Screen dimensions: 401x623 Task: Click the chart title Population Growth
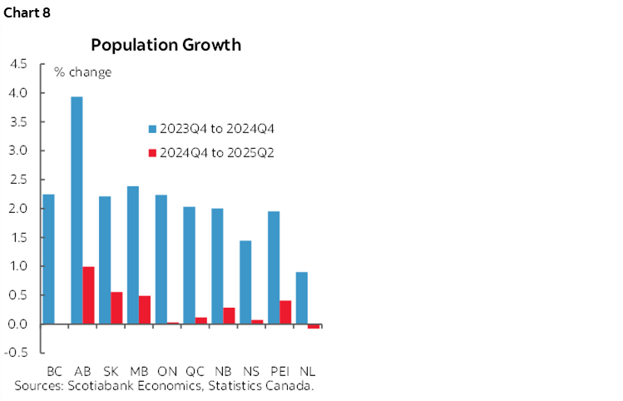tap(166, 45)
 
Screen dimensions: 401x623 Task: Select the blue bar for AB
tap(77, 210)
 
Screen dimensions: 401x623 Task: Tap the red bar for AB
tap(88, 295)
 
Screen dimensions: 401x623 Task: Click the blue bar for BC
tap(48, 259)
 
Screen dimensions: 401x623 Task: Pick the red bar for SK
tap(116, 308)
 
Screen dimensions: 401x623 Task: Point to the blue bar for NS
tap(245, 282)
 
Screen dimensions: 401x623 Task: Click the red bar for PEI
tap(285, 312)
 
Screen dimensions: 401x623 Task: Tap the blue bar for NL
tap(302, 298)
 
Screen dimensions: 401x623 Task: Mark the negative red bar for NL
tap(314, 326)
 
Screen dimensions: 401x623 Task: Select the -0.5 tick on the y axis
tap(16, 353)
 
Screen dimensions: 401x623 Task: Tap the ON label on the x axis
tap(167, 370)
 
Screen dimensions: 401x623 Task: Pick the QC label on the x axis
tap(195, 370)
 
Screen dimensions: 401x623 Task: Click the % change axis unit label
tap(83, 72)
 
